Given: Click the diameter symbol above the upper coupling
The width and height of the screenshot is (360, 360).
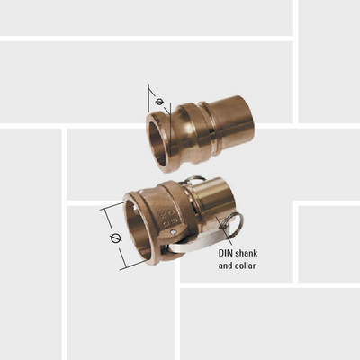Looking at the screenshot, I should pyautogui.click(x=159, y=102).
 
